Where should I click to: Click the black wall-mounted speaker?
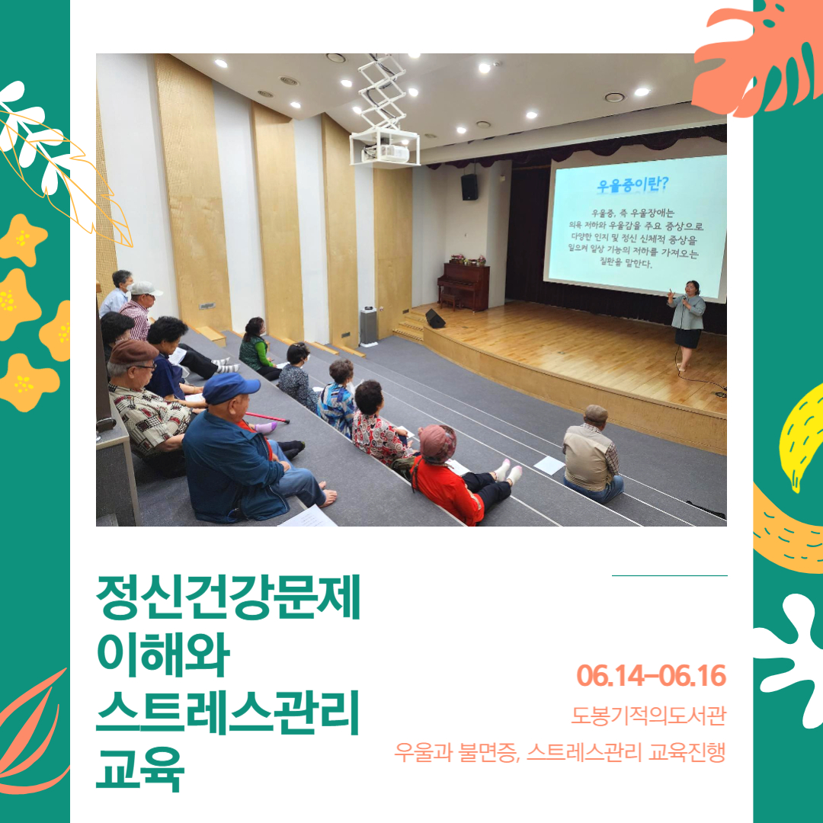469,187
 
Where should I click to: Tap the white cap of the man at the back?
145,289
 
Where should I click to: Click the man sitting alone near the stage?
592,454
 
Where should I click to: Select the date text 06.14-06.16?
651,675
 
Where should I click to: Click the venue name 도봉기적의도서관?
648,715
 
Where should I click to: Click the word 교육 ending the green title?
140,769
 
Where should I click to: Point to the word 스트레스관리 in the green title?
228,712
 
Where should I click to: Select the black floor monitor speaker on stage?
435,319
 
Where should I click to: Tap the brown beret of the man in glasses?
133,351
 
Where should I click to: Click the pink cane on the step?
267,418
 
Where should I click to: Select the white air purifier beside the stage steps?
369,326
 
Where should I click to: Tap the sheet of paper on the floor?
549,465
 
